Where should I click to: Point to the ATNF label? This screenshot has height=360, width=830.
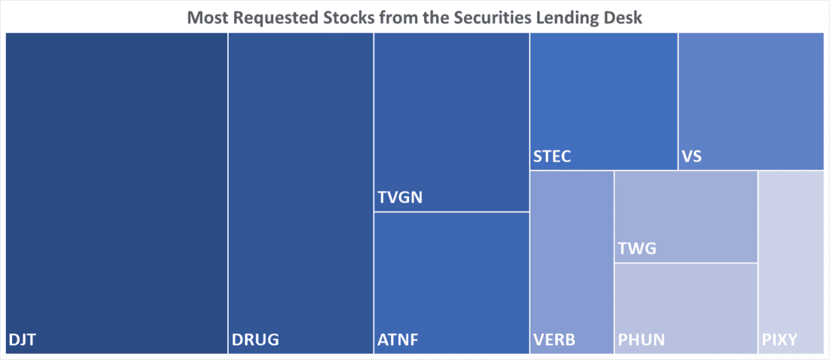(x=398, y=339)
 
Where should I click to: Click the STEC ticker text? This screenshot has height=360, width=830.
(x=552, y=157)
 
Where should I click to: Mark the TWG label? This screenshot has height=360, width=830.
(x=637, y=248)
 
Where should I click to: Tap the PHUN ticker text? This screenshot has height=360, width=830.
(x=641, y=339)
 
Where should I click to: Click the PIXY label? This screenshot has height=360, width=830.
(x=779, y=339)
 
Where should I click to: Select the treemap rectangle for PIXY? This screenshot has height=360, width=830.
(x=790, y=262)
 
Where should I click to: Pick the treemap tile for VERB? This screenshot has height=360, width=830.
(x=572, y=262)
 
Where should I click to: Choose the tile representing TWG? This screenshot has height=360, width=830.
(x=686, y=217)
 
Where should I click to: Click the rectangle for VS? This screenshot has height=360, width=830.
(x=751, y=101)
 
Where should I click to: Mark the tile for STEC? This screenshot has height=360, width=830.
(x=604, y=101)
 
